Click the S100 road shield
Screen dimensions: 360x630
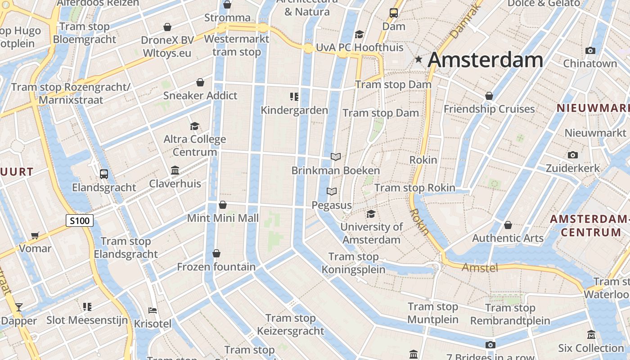(x=80, y=220)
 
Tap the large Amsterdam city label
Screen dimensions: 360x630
(x=486, y=59)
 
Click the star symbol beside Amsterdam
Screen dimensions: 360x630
(x=418, y=59)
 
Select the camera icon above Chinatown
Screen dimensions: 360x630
(x=590, y=50)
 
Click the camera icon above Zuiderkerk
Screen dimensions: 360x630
(x=572, y=155)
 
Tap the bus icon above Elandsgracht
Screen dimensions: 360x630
(x=104, y=174)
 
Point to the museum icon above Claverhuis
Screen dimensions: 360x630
(x=175, y=171)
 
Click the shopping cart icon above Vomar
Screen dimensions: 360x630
(x=35, y=235)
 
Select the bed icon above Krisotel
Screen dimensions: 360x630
(x=153, y=310)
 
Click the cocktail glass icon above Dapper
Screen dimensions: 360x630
(x=18, y=307)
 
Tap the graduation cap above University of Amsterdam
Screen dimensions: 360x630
(x=371, y=214)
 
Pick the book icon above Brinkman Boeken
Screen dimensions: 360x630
(x=336, y=157)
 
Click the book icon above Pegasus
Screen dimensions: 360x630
(x=332, y=192)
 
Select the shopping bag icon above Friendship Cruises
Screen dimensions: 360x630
(x=489, y=96)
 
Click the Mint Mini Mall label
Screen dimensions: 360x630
(x=223, y=218)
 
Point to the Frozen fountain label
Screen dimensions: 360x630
(x=216, y=267)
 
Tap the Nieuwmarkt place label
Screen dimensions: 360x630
(x=595, y=133)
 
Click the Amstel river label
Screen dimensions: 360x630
(x=480, y=268)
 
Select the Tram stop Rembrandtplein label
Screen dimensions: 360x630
(x=510, y=315)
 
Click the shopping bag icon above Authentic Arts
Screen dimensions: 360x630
(x=508, y=225)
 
